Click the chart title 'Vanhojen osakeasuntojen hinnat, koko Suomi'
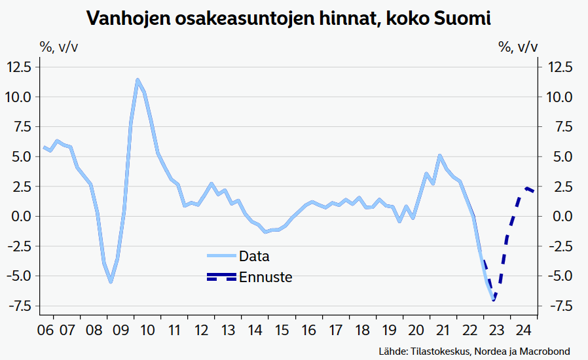(x=289, y=18)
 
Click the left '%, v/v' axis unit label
(x=60, y=46)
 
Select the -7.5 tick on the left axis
(x=20, y=306)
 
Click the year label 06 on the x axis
(x=45, y=329)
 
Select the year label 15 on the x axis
(x=283, y=329)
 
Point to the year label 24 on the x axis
(x=523, y=329)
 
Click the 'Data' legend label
(x=254, y=256)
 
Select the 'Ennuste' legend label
(x=265, y=277)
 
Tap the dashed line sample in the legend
(x=221, y=277)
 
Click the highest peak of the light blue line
(x=138, y=80)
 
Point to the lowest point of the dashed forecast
(x=494, y=300)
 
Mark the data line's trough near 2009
(x=111, y=281)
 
